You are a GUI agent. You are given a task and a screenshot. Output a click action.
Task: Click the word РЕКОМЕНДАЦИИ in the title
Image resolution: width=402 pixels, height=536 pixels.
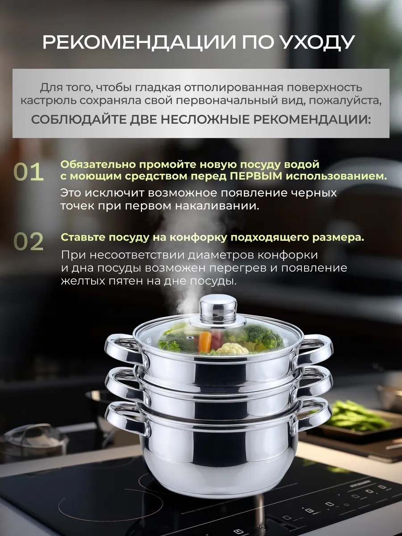(139, 42)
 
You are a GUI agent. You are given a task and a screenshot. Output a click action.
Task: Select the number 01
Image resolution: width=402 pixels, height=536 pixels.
(29, 172)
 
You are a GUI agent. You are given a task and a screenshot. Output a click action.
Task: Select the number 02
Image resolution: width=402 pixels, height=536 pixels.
(29, 242)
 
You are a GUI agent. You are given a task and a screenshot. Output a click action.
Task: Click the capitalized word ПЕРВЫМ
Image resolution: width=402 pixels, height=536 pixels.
(256, 176)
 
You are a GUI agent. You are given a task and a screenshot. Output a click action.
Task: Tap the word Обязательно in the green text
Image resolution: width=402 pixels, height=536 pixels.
(98, 164)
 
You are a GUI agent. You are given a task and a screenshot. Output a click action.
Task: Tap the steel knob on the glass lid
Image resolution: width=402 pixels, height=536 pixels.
(218, 308)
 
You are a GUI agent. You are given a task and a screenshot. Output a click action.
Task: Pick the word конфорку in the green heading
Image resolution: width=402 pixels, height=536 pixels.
(198, 238)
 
